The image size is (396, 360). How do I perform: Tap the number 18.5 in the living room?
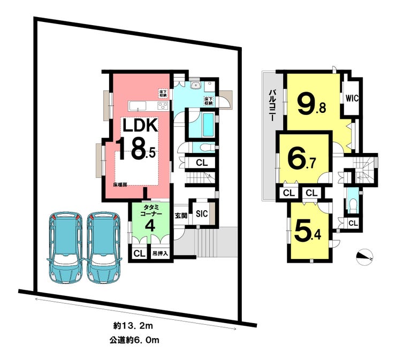point(137,149)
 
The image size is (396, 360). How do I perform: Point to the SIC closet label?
point(202,214)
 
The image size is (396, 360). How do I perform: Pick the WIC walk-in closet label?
point(352,98)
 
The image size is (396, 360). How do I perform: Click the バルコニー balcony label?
point(272,107)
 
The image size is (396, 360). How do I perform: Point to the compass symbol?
point(363,256)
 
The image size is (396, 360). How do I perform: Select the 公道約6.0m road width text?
point(135,339)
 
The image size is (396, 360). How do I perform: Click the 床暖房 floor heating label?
point(120,185)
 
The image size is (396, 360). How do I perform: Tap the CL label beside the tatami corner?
point(139,253)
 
